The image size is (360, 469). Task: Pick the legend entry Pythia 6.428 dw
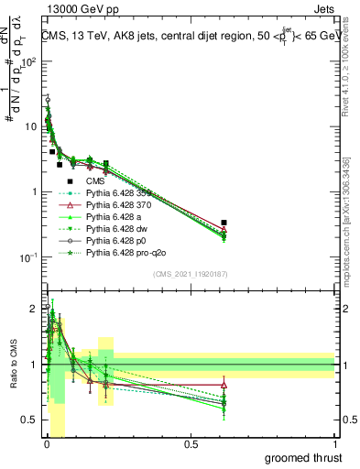pos(120,228)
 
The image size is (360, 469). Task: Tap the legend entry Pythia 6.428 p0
pos(119,239)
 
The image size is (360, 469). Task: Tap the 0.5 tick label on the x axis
pos(191,445)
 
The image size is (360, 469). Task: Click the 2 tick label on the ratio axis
pos(32,309)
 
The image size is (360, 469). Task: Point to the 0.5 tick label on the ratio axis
pos(27,420)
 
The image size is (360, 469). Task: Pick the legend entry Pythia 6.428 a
pos(117,216)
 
